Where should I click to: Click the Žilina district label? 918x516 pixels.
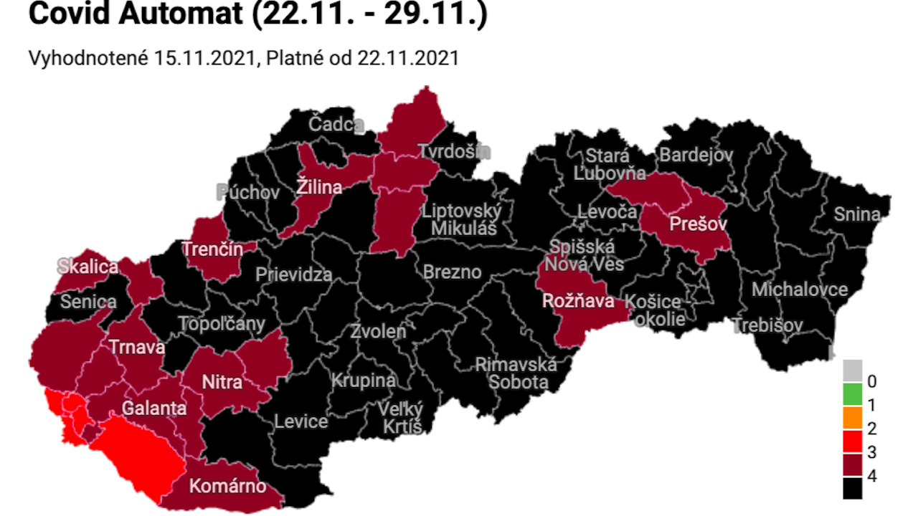319,188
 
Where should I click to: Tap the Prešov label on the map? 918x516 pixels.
698,224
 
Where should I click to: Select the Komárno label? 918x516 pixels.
227,487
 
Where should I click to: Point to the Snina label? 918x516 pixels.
856,214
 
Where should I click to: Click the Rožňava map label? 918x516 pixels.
578,300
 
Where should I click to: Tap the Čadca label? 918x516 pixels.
336,124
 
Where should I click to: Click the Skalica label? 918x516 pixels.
88,267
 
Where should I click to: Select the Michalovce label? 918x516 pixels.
799,290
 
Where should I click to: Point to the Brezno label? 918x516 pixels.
452,272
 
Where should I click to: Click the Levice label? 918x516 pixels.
301,421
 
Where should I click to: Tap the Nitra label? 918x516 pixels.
222,382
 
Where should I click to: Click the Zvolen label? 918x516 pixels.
378,331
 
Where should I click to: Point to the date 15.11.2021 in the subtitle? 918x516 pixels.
205,58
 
